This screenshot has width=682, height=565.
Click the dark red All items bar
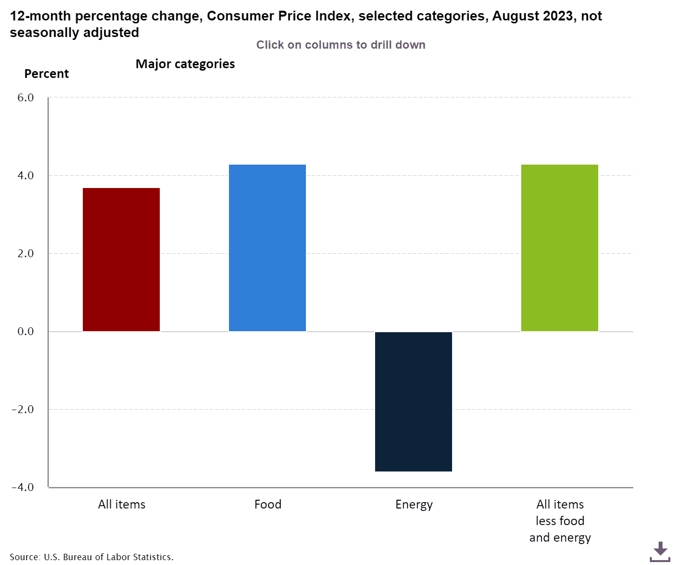[121, 260]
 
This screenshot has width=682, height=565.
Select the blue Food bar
[267, 248]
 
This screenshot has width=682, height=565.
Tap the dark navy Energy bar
[414, 401]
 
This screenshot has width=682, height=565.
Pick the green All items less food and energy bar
[560, 248]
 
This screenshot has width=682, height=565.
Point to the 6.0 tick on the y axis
[26, 97]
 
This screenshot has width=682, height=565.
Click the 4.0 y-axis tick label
[26, 175]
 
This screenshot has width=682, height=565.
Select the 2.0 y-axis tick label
[26, 253]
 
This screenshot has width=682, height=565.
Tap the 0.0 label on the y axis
[26, 331]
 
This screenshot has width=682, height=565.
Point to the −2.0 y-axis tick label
[23, 409]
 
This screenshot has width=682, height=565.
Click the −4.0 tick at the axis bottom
[23, 487]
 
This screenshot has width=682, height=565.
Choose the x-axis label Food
[268, 504]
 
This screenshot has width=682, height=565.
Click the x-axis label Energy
[414, 505]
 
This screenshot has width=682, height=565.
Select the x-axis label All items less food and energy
[560, 521]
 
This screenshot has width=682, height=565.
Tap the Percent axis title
[47, 74]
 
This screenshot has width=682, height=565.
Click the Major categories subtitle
[185, 64]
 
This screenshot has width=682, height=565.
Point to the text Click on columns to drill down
[341, 45]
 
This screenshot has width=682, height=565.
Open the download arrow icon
[660, 551]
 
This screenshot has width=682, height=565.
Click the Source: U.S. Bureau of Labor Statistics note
[92, 557]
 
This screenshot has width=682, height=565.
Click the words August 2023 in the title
[532, 16]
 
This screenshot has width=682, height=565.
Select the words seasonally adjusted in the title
[75, 32]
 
